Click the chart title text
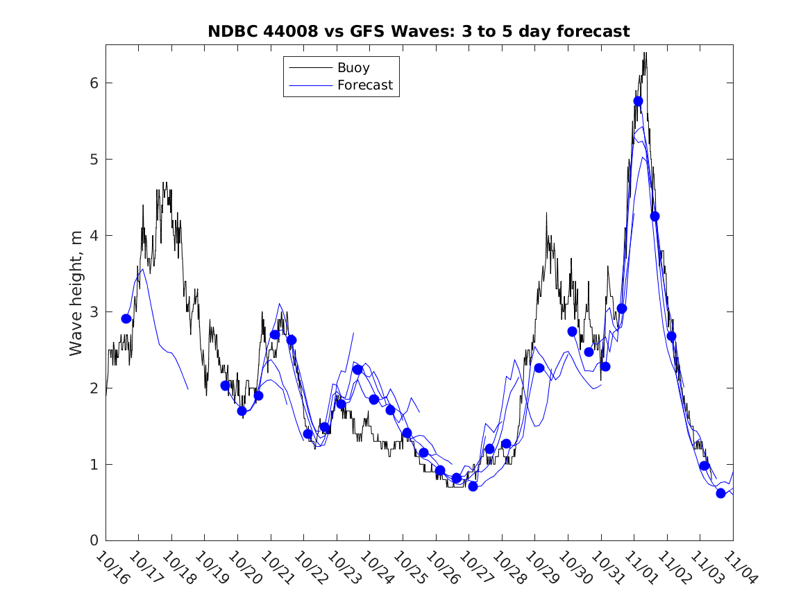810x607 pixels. click(419, 31)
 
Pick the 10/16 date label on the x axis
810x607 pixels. click(111, 567)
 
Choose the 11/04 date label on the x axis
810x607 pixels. click(736, 567)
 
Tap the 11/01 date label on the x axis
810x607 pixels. click(639, 567)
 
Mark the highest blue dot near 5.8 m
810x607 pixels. click(638, 101)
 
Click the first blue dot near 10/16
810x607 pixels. click(126, 318)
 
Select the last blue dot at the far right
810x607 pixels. click(720, 493)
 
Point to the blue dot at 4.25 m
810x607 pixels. click(655, 216)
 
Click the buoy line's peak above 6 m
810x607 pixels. click(645, 53)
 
